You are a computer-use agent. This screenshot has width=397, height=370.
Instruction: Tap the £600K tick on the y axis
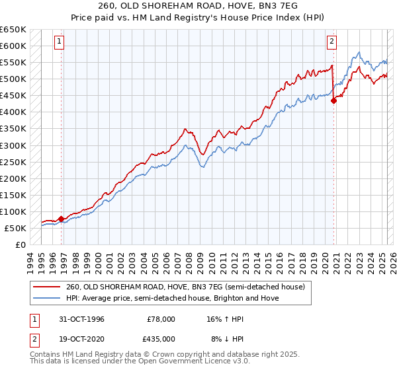tap(13, 46)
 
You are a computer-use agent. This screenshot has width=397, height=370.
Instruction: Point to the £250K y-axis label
tap(13, 162)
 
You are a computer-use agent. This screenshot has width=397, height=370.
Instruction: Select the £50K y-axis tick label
tap(16, 228)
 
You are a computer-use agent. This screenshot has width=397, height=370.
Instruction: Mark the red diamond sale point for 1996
tap(62, 219)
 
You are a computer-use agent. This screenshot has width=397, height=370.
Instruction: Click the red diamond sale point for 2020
tap(333, 100)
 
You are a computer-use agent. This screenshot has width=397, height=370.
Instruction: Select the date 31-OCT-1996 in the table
tap(81, 319)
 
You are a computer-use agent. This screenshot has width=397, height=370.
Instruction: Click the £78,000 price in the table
tap(159, 319)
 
